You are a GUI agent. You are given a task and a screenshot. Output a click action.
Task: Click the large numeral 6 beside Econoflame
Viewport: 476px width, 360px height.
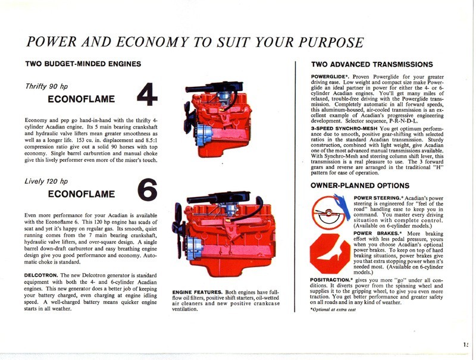tap(148, 189)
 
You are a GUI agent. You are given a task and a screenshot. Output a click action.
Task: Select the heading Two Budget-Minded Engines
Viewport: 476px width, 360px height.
tap(83, 64)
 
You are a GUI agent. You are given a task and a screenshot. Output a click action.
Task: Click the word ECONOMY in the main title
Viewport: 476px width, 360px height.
tap(147, 42)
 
